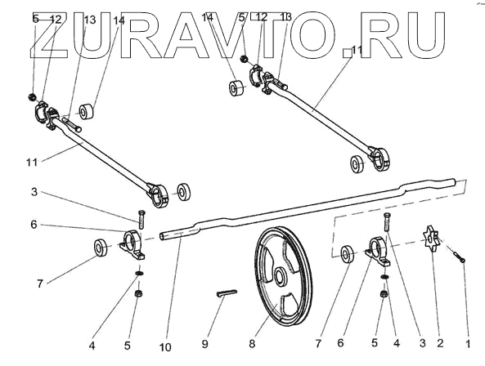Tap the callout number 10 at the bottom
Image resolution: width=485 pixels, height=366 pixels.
(165, 347)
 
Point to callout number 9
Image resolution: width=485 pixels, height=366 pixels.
(204, 344)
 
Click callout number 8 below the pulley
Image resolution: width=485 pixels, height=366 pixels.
(252, 344)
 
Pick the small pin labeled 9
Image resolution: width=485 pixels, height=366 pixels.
(226, 292)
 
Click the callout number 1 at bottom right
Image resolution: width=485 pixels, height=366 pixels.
(468, 343)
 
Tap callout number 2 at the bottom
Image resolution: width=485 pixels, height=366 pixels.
(440, 343)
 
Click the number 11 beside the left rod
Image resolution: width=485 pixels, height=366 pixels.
(32, 162)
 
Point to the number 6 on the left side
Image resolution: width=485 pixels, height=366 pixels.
(34, 225)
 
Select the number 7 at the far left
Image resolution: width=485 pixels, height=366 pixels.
(39, 283)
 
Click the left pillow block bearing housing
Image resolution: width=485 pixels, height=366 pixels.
(132, 244)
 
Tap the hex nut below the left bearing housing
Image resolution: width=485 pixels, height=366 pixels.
(138, 292)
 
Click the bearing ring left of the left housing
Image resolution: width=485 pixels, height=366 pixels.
(101, 248)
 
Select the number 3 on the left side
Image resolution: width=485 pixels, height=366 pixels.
(34, 192)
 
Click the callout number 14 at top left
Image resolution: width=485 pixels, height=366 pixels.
(119, 20)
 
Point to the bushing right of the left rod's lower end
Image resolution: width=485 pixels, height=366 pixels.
(184, 192)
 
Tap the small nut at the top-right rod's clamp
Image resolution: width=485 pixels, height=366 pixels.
(244, 58)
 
